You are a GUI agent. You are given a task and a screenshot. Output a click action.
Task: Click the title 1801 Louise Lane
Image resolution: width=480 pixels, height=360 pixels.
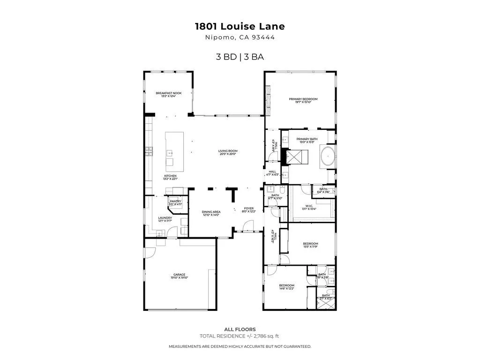click(240, 27)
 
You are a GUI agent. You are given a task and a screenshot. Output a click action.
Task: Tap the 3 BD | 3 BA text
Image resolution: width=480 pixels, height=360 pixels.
click(240, 57)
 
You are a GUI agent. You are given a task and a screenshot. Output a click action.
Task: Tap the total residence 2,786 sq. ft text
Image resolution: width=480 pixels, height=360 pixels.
click(240, 336)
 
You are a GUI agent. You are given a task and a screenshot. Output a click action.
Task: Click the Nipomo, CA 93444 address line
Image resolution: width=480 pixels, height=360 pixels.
click(240, 38)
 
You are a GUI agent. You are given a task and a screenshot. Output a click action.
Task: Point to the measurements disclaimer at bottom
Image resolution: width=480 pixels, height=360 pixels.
click(240, 346)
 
